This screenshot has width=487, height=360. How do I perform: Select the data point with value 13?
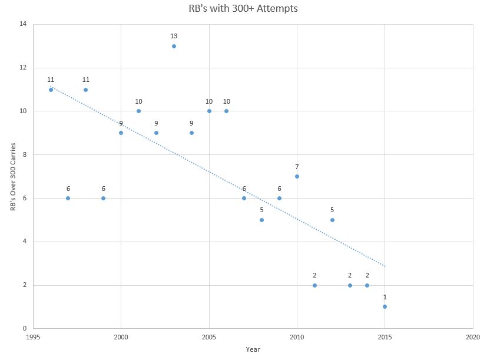click(174, 46)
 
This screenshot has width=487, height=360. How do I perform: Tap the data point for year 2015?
click(385, 306)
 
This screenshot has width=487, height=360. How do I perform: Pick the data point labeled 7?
click(297, 176)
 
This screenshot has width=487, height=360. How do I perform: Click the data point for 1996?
click(51, 90)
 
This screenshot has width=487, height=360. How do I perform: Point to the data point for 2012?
click(332, 220)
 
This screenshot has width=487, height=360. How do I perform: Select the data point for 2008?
click(261, 220)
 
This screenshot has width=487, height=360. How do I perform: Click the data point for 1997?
click(68, 198)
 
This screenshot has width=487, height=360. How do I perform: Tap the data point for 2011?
click(314, 285)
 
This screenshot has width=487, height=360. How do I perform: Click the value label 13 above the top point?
click(174, 36)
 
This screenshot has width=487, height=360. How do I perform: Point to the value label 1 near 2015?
click(385, 296)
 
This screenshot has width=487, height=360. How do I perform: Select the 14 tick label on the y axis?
click(23, 24)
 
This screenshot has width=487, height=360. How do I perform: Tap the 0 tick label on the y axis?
click(25, 329)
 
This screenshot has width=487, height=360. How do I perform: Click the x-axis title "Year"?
click(253, 349)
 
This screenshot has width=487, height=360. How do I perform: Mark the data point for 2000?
click(121, 133)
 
